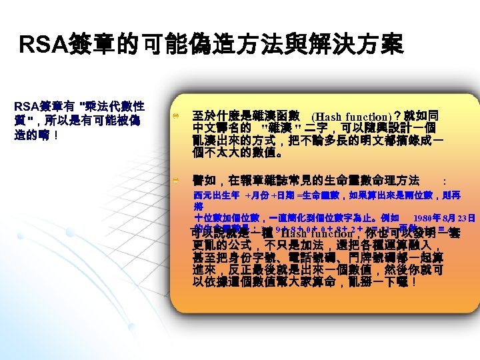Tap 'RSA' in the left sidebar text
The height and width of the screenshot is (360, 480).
25,106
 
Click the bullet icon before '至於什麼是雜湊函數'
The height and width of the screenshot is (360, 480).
173,115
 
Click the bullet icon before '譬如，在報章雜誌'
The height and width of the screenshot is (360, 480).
173,180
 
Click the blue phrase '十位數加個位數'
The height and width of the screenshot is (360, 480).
217,217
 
